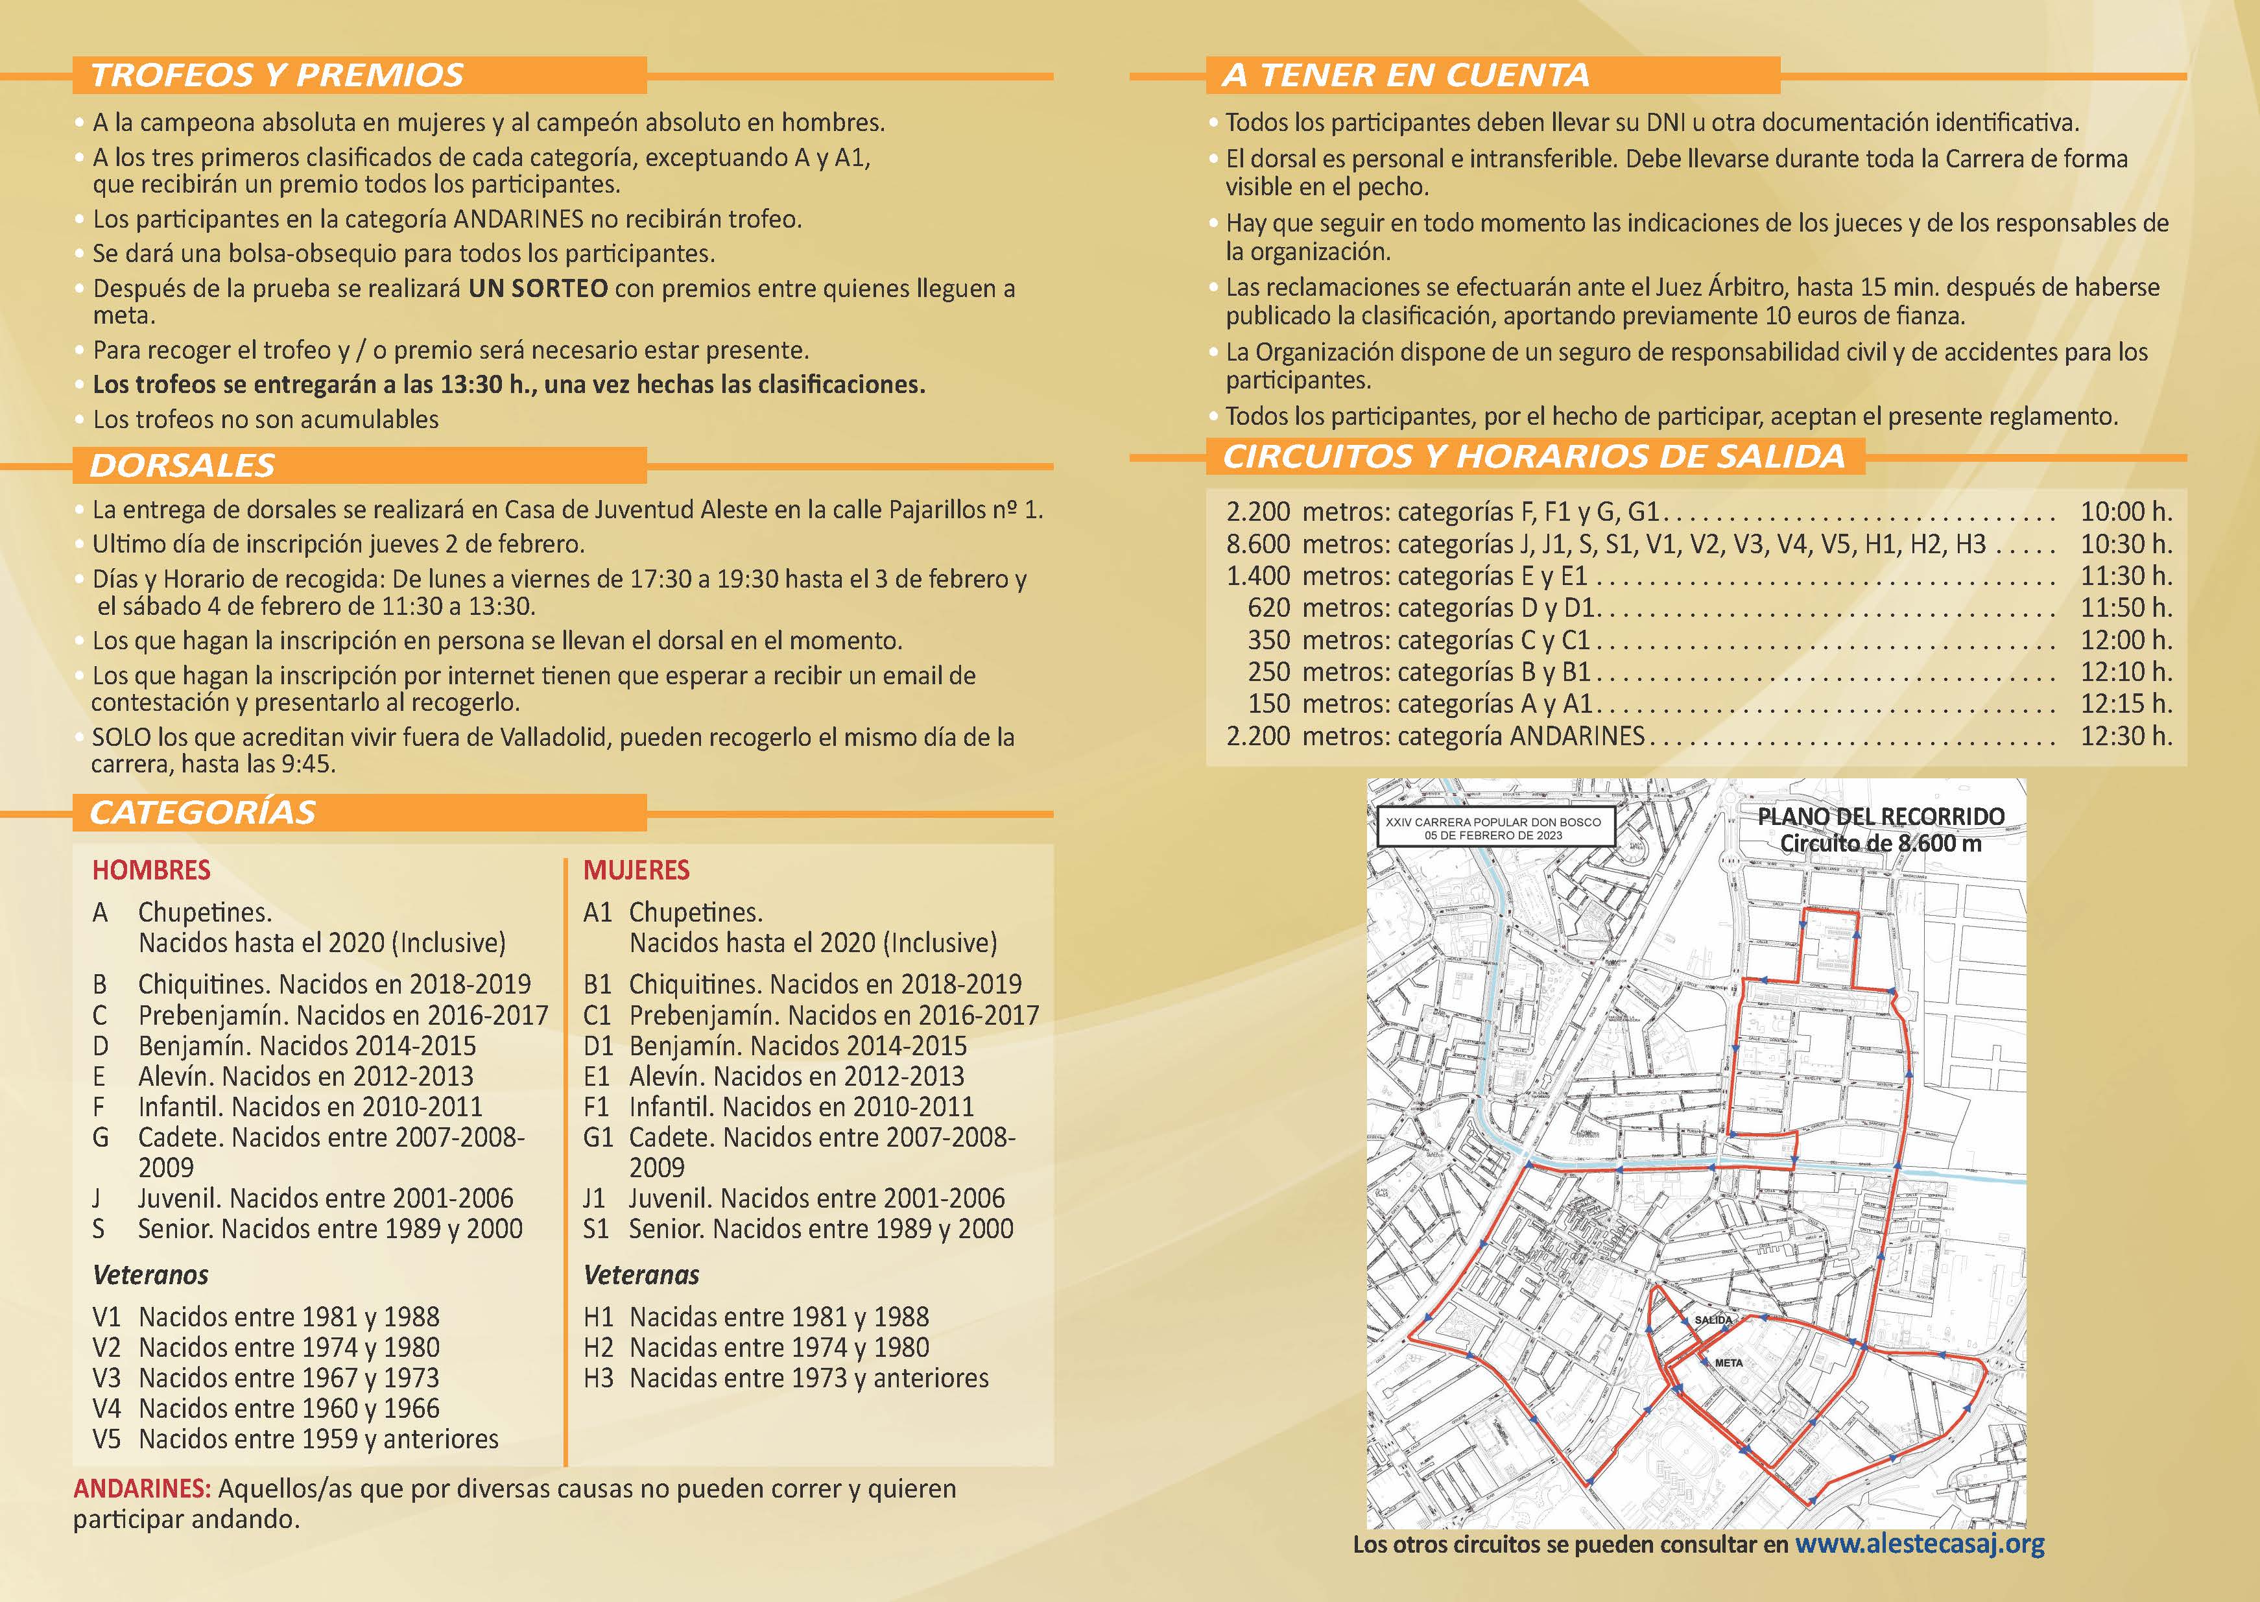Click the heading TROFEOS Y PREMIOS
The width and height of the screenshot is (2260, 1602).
pyautogui.click(x=277, y=75)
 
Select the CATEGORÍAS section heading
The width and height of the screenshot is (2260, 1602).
pyautogui.click(x=203, y=813)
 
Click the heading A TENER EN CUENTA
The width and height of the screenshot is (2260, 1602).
pyautogui.click(x=1406, y=75)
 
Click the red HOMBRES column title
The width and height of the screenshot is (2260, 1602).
pyautogui.click(x=152, y=870)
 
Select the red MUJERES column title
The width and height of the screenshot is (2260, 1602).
pyautogui.click(x=637, y=870)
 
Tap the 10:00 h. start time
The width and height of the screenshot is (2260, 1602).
pyautogui.click(x=2126, y=512)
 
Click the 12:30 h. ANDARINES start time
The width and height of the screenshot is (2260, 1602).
pyautogui.click(x=2126, y=736)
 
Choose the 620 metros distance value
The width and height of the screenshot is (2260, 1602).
pyautogui.click(x=1269, y=608)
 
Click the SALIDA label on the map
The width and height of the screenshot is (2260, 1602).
pyautogui.click(x=1713, y=1320)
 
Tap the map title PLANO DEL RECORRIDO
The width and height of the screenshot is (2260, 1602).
pyautogui.click(x=1881, y=817)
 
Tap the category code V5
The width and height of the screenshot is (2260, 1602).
pyautogui.click(x=106, y=1439)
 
